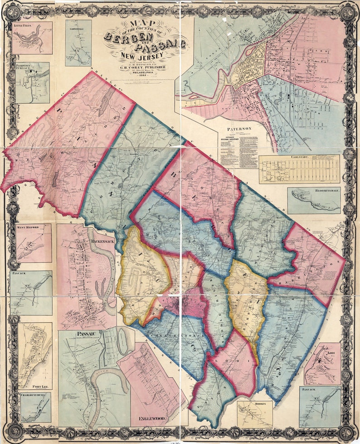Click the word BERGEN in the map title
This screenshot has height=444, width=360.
pyautogui.click(x=128, y=36)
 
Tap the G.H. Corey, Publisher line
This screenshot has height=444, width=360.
pyautogui.click(x=143, y=68)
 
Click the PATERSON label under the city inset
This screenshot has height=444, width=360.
pyautogui.click(x=238, y=129)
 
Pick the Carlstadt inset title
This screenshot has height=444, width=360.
pyautogui.click(x=299, y=157)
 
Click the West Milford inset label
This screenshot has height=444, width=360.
pyautogui.click(x=28, y=227)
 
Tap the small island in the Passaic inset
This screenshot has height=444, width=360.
pyautogui.click(x=122, y=341)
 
